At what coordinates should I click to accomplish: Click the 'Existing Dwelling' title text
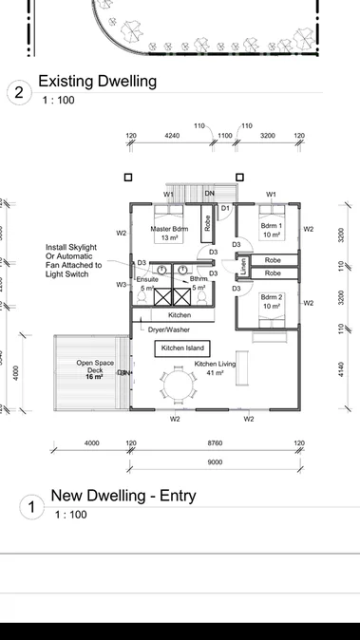[97, 82]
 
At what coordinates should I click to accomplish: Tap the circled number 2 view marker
[17, 92]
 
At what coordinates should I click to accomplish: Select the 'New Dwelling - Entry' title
[124, 495]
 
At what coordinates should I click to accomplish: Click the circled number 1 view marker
[30, 507]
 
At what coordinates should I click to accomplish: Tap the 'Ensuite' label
[147, 279]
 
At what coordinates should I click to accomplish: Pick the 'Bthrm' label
[199, 279]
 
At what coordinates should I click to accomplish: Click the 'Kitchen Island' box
[182, 348]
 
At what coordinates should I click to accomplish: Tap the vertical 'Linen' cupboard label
[244, 267]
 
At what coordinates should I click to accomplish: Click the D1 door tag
[225, 207]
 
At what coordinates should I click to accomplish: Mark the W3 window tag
[122, 284]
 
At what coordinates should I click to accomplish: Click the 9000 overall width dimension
[215, 461]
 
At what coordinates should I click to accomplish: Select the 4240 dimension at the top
[172, 136]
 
